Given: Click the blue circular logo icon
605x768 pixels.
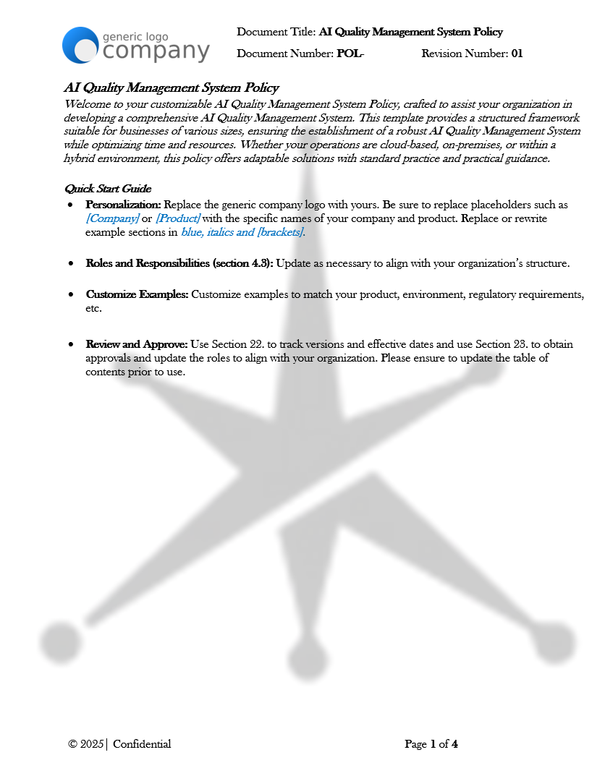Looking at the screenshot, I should click(x=80, y=45).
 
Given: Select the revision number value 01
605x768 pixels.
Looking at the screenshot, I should click(x=517, y=54).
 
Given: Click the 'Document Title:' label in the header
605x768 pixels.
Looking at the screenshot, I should click(x=276, y=32).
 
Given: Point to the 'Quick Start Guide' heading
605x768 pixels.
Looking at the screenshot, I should click(x=108, y=189).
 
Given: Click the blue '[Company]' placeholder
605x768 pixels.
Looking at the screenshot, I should click(x=112, y=218).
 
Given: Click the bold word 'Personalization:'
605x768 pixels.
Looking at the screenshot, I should click(x=124, y=205).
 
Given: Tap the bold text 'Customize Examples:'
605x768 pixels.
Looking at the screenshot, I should click(x=137, y=295).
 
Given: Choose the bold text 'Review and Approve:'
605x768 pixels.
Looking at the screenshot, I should click(x=137, y=344).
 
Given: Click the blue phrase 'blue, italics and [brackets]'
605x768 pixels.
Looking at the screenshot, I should click(x=242, y=232).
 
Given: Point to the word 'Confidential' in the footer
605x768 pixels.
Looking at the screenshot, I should click(x=142, y=744).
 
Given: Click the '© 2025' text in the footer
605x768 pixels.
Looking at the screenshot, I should click(x=86, y=744).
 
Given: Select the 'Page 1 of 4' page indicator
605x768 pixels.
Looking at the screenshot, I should click(x=431, y=744).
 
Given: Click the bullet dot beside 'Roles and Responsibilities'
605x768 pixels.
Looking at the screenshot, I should click(x=70, y=264).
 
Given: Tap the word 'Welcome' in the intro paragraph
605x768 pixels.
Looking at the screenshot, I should click(x=85, y=104).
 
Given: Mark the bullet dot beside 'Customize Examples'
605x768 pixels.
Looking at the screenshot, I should click(x=70, y=295).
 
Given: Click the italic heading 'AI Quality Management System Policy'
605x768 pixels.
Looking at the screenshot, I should click(x=172, y=88).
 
